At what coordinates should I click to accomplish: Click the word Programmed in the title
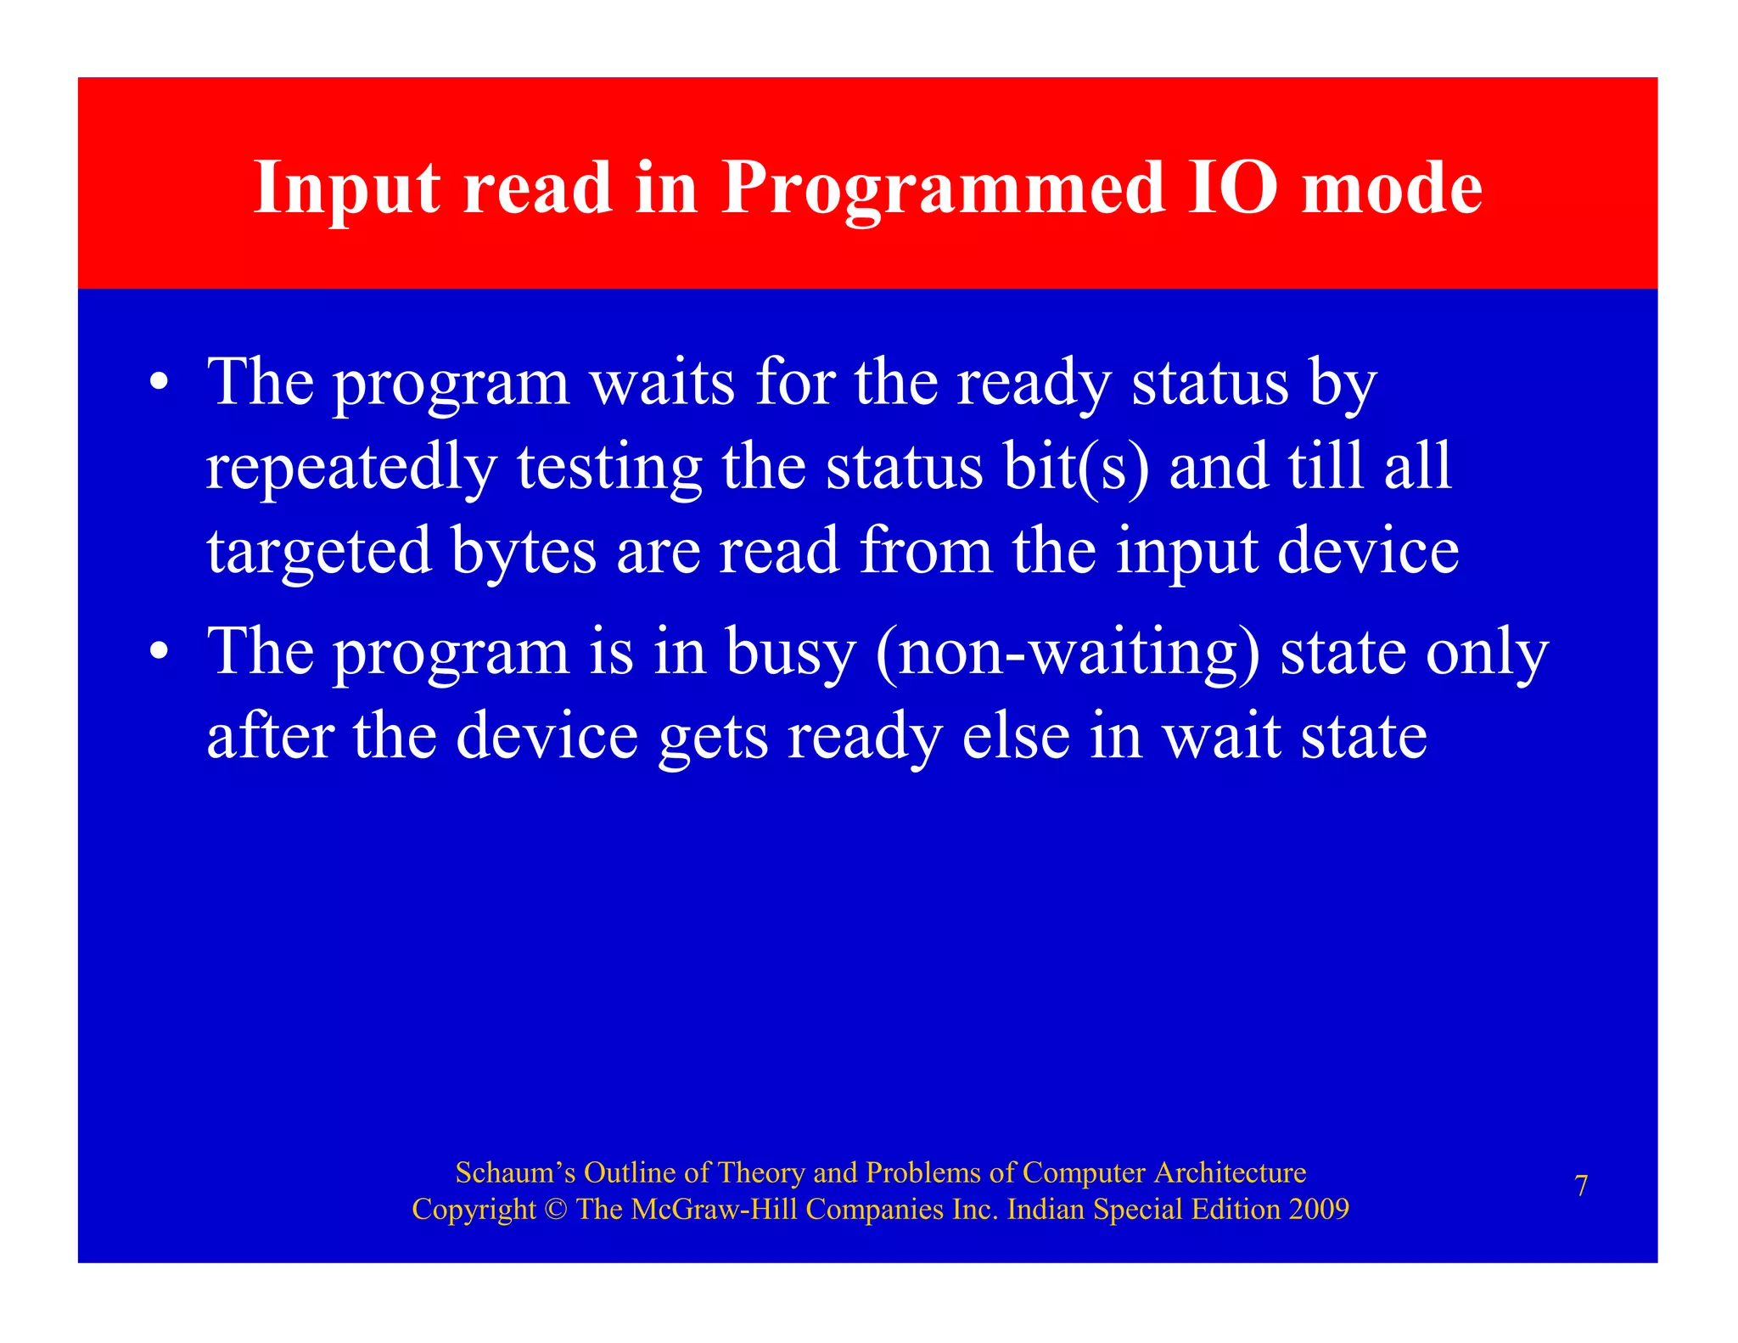(942, 188)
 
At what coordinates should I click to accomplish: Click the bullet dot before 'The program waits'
(159, 383)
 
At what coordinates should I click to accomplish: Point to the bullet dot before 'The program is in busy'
(159, 652)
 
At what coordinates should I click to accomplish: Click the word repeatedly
(350, 468)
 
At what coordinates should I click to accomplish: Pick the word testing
(609, 468)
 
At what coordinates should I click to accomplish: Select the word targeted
(319, 553)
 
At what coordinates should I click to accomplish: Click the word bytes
(524, 551)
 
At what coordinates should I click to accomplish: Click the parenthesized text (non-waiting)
(1068, 653)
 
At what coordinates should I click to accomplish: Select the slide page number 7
(1581, 1186)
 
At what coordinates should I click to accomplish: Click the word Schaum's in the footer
(515, 1172)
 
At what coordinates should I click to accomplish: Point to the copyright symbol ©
(557, 1209)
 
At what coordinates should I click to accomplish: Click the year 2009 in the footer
(1319, 1209)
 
